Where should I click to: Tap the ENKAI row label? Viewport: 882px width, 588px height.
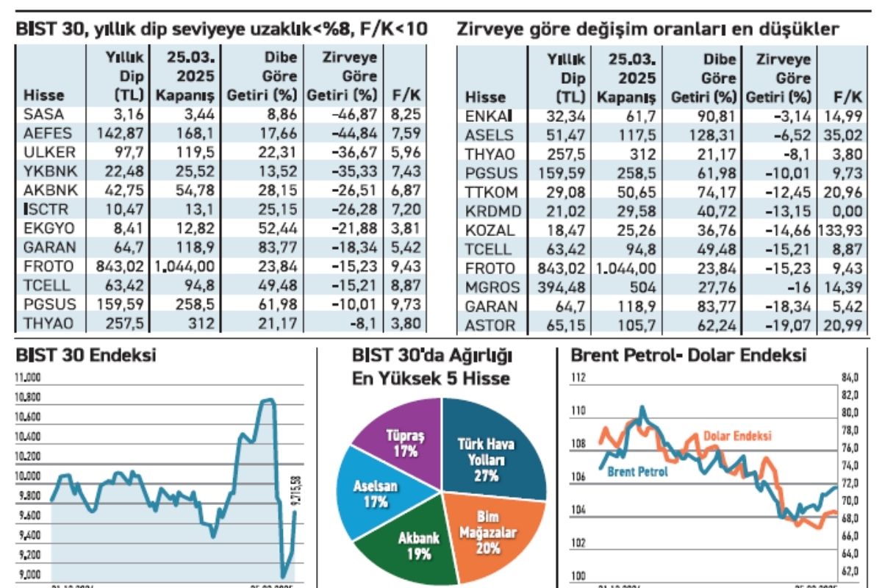pos(488,115)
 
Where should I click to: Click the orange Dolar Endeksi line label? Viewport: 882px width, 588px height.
pos(737,436)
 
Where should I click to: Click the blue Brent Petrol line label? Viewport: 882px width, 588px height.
pos(637,472)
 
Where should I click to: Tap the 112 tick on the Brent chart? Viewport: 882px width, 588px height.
pos(577,378)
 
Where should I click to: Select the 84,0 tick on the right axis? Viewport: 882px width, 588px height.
pos(850,378)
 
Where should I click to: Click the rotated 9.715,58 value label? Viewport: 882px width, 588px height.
pos(297,491)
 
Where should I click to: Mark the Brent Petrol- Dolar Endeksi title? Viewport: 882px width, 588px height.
pos(688,356)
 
